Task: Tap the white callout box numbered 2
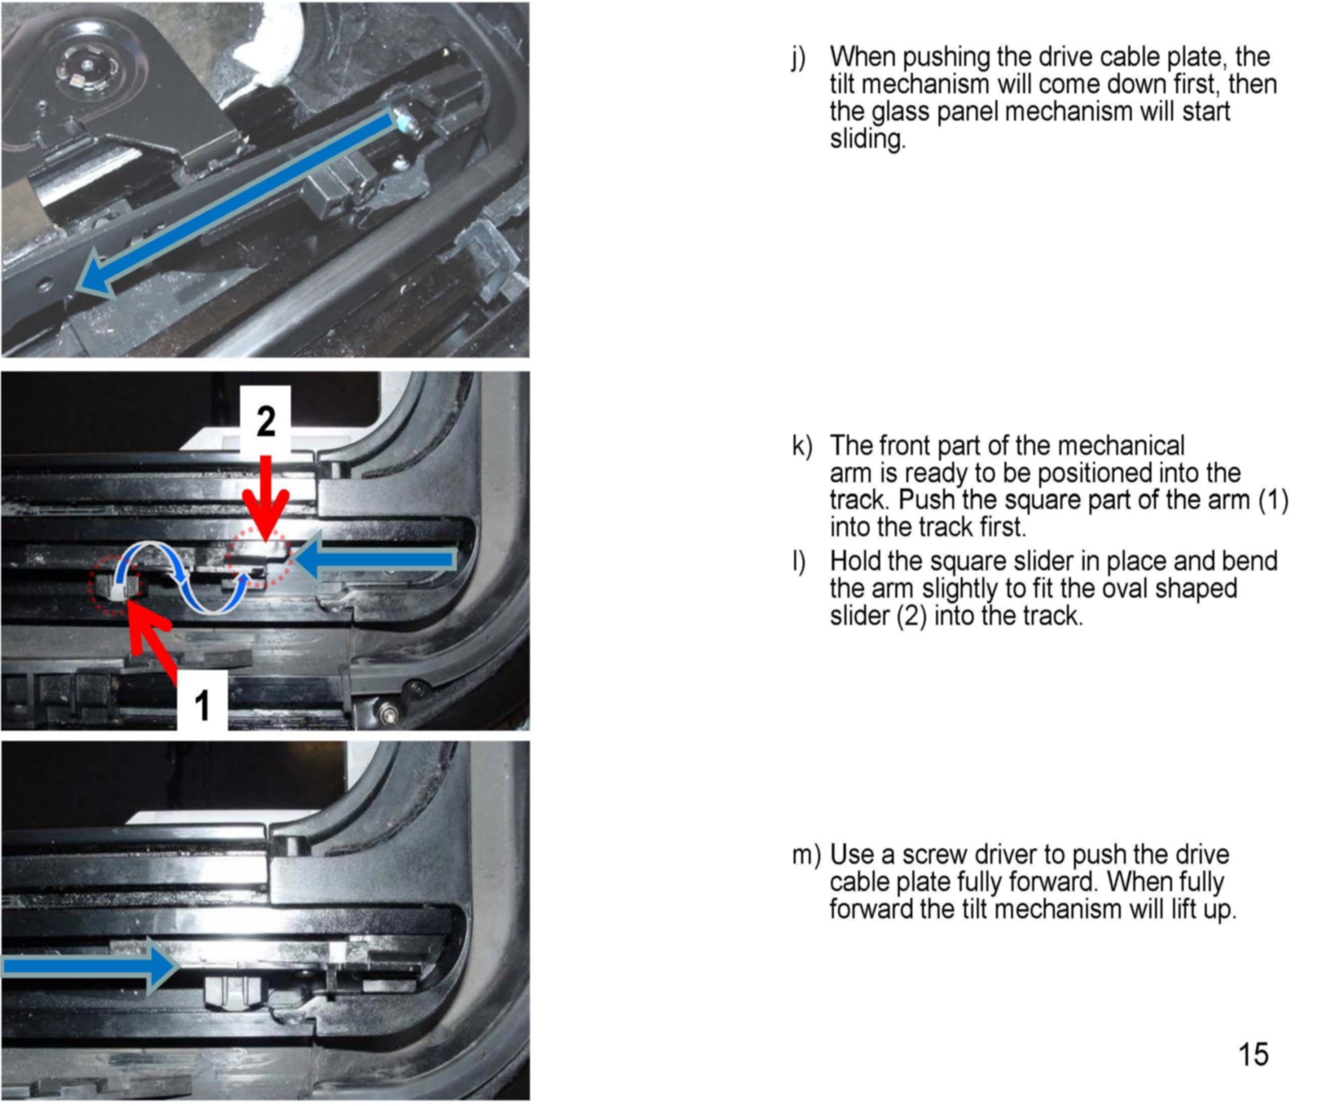pos(265,420)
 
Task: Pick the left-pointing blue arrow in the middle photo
pos(375,559)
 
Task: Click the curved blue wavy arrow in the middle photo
pos(181,578)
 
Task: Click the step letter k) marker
pos(801,445)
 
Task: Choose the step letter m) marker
pos(806,855)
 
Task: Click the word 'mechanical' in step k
pos(1121,445)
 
